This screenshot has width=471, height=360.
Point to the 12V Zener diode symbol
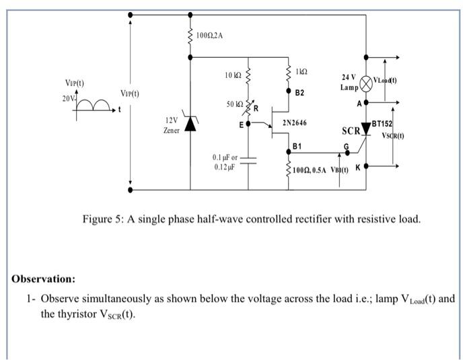[x=190, y=124]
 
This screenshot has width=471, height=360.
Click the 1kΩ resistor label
[x=302, y=71]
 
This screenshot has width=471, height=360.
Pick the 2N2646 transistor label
[x=295, y=124]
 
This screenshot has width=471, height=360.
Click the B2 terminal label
[x=299, y=93]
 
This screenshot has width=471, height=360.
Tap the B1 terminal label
[x=297, y=146]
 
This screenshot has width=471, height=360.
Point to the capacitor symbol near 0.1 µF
[x=248, y=160]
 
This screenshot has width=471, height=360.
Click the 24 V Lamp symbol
[x=365, y=82]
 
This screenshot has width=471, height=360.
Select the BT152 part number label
[x=382, y=124]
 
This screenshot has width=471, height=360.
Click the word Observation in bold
[x=43, y=279]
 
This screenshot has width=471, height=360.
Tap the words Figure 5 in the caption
[x=101, y=219]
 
